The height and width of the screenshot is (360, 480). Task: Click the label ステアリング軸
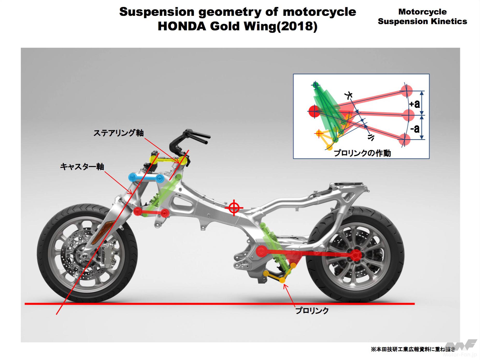pyautogui.click(x=118, y=133)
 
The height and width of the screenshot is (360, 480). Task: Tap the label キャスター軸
pyautogui.click(x=82, y=167)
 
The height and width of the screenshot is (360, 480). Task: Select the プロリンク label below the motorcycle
pyautogui.click(x=312, y=310)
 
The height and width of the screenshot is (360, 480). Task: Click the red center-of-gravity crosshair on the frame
pyautogui.click(x=234, y=208)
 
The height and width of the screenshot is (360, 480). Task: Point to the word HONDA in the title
pyautogui.click(x=182, y=26)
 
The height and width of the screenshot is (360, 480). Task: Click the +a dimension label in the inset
pyautogui.click(x=414, y=104)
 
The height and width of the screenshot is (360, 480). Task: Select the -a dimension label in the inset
pyautogui.click(x=415, y=128)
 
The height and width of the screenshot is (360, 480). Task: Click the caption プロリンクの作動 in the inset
pyautogui.click(x=362, y=153)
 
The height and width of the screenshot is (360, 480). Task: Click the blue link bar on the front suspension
pyautogui.click(x=146, y=178)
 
